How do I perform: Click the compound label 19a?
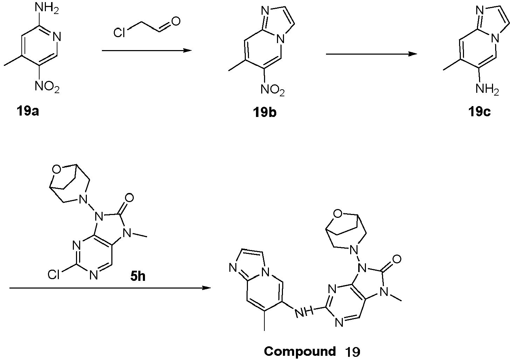tap(28, 111)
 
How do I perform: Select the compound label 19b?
tap(264, 112)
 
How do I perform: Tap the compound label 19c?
tap(480, 112)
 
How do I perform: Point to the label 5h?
tap(138, 276)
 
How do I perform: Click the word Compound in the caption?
tap(300, 351)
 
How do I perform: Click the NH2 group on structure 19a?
tap(47, 9)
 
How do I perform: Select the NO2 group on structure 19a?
tap(47, 87)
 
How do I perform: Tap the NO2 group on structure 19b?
tap(272, 90)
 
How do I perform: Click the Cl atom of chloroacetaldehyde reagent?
tap(119, 32)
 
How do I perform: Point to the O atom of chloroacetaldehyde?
tap(176, 21)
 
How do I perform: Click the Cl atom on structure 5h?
tap(54, 274)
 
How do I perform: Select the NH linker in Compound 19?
tap(304, 312)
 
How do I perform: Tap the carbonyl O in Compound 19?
tap(396, 259)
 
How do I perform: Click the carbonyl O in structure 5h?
tap(130, 198)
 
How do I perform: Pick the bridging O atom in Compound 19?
tap(338, 214)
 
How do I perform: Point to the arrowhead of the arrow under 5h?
tap(206, 288)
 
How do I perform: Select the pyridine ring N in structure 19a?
tap(56, 37)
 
